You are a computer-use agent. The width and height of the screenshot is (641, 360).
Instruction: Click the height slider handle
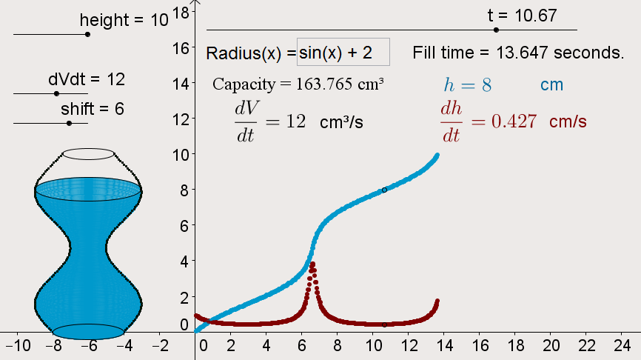[87, 34]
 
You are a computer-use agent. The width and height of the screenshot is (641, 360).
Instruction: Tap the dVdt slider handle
[56, 93]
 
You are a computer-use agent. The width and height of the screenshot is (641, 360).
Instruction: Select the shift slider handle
[69, 123]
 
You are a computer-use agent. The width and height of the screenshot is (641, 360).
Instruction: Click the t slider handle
[496, 30]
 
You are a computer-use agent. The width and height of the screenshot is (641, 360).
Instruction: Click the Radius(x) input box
[343, 53]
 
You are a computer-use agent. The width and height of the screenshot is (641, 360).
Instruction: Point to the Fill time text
[519, 53]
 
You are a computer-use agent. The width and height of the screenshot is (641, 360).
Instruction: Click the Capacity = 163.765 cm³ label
[298, 84]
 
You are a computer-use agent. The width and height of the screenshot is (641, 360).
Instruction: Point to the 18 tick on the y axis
[182, 12]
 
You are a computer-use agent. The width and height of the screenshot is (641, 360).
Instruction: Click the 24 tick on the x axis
[622, 345]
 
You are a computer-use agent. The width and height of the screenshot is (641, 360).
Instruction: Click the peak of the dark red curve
[312, 264]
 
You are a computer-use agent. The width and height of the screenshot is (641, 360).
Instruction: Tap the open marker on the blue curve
[384, 190]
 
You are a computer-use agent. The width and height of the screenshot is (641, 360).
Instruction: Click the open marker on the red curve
[384, 324]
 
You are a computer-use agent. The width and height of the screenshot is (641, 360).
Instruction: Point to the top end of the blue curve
[437, 156]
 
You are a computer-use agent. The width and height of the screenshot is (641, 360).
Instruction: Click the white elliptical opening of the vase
[88, 154]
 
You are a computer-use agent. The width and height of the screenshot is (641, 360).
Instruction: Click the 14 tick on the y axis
[182, 83]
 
